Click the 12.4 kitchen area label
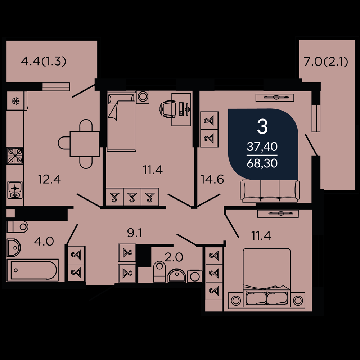(50, 179)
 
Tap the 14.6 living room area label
(212, 179)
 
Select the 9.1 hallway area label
(135, 233)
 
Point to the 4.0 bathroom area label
(44, 241)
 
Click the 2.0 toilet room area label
(174, 257)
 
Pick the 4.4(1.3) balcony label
(44, 61)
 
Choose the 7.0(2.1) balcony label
(326, 62)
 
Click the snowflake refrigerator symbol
(16, 100)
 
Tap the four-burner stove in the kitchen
(15, 156)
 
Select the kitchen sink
(15, 190)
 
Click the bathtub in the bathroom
(33, 270)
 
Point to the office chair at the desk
(166, 109)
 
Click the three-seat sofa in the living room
(270, 191)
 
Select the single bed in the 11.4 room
(121, 121)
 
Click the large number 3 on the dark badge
(262, 127)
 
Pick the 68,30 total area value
(262, 163)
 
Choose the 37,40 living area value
(262, 147)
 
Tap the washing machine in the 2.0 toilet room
(195, 276)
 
